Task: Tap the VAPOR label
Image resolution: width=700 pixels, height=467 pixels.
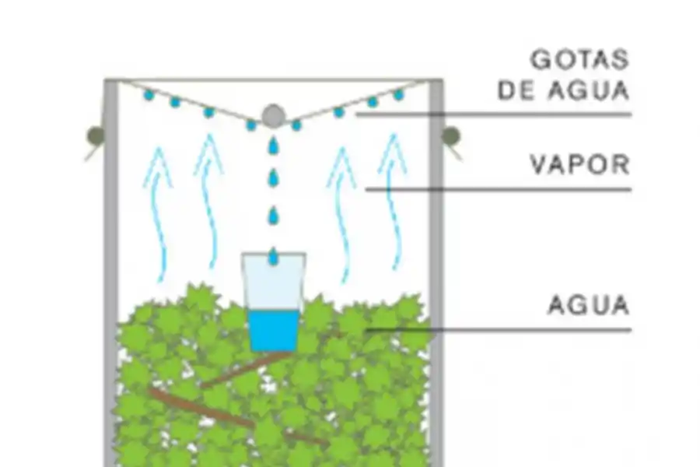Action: point(579,164)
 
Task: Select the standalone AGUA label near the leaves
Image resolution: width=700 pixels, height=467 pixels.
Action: point(588,304)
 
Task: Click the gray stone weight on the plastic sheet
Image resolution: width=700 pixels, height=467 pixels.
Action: point(272,116)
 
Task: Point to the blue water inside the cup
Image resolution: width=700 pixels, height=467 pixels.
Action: point(273,330)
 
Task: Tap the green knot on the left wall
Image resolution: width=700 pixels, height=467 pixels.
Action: point(96,136)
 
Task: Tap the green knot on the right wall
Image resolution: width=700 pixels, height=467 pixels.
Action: point(451,136)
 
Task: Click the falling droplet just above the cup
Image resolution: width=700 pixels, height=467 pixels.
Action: point(273,255)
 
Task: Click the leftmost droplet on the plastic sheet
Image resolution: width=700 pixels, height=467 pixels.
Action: point(148,95)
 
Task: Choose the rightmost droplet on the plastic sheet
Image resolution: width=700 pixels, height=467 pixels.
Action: point(398,95)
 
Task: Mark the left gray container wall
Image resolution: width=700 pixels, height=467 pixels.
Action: point(111,272)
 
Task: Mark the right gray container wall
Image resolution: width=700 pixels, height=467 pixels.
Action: point(436,272)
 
